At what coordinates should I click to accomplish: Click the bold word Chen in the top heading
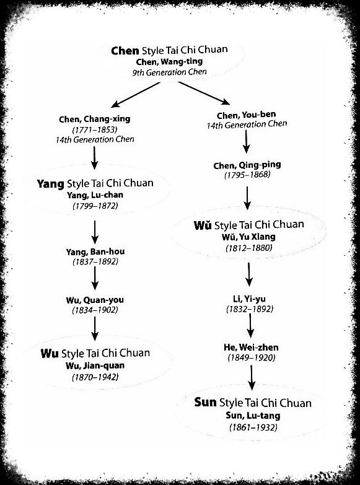coord(125,50)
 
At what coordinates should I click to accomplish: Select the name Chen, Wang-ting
coord(169,61)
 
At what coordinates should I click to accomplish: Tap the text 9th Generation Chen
coord(169,72)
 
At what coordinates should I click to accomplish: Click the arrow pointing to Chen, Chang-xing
coord(136,95)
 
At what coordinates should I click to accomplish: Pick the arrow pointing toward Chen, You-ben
coord(204,93)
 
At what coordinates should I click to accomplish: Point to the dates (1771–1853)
coord(95,129)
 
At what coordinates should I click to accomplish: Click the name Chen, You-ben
coord(247,115)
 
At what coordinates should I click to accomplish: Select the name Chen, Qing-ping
coord(247,165)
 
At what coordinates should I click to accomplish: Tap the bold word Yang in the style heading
coord(50,184)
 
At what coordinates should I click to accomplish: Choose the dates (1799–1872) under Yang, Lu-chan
coord(95,206)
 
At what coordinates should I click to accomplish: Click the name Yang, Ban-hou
coord(95,251)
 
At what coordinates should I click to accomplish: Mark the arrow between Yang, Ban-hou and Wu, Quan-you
coord(95,277)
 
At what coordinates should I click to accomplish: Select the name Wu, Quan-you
coord(95,300)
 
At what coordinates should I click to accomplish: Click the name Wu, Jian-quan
coord(95,365)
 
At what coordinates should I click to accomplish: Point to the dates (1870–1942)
coord(95,377)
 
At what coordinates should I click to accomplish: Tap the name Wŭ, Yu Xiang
coord(248,237)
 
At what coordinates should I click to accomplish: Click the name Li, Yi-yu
coord(249,299)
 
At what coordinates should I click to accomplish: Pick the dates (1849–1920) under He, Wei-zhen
coord(252,357)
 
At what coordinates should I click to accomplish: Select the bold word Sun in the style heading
coord(205,402)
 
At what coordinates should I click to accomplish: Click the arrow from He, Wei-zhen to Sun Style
coord(252,377)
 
